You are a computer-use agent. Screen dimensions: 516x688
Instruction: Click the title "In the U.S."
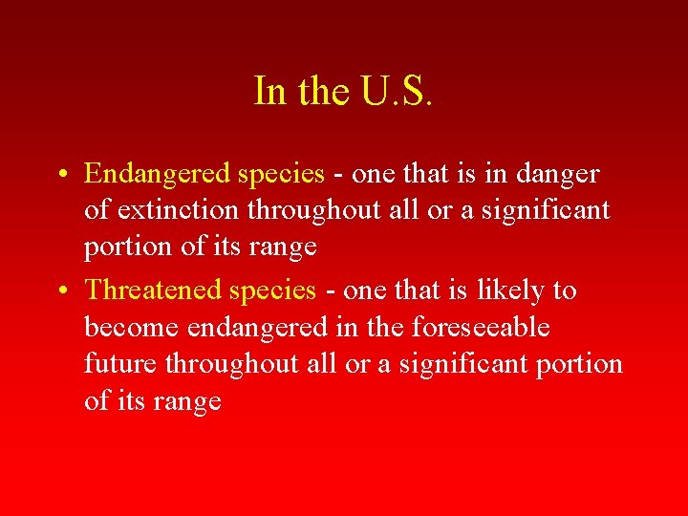pos(344,91)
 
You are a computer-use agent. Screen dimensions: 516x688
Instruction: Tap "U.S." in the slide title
pos(395,91)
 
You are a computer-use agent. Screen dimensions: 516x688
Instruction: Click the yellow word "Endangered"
pos(157,174)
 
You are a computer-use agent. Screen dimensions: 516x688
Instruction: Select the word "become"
pos(132,328)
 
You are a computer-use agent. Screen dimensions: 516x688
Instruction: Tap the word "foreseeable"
pos(481,328)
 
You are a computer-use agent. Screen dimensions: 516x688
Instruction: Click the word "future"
pos(120,364)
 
